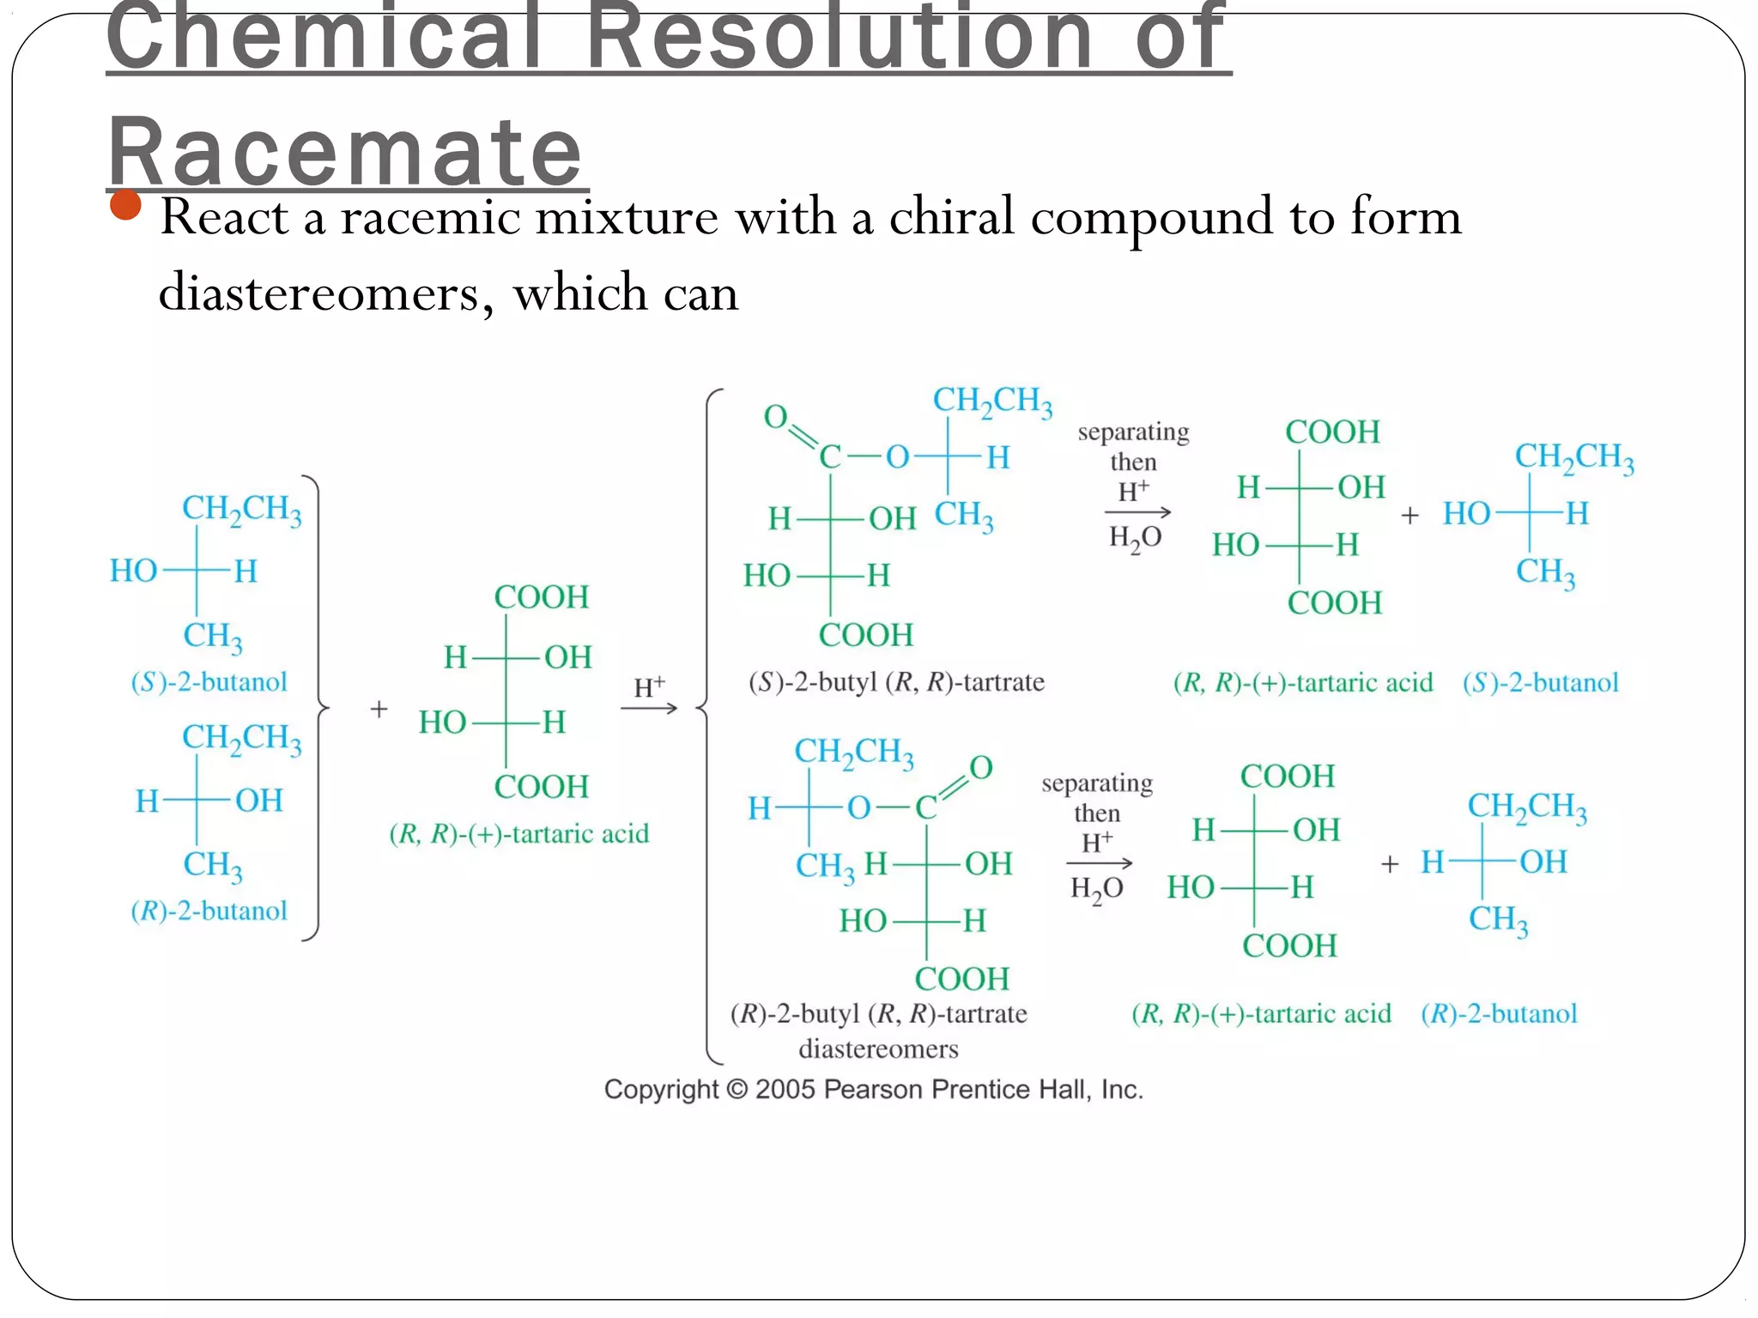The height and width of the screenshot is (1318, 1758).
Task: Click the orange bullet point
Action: tap(126, 205)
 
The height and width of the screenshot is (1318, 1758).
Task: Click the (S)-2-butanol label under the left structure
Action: tap(209, 682)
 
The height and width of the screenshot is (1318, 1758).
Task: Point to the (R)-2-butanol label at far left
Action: tap(209, 910)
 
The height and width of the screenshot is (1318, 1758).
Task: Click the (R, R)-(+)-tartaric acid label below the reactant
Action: tap(518, 833)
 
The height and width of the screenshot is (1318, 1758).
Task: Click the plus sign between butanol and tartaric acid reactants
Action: tap(379, 709)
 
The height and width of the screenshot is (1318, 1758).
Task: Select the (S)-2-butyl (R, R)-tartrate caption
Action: tap(896, 682)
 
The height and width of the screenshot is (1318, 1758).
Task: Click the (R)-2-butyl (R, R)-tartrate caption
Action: tap(878, 1013)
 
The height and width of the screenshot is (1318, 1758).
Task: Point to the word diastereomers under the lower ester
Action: tap(878, 1049)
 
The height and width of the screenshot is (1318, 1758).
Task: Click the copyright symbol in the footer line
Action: tap(737, 1090)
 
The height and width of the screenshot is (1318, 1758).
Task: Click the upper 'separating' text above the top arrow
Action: tap(1133, 432)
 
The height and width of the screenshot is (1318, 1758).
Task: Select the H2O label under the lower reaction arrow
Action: tap(1096, 888)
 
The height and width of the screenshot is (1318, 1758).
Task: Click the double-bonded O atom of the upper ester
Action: tap(775, 417)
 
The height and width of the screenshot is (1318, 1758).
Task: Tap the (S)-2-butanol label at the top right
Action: tap(1540, 683)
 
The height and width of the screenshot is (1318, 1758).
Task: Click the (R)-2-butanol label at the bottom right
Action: tap(1499, 1013)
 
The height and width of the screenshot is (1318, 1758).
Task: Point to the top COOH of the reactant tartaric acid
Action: tap(541, 597)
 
